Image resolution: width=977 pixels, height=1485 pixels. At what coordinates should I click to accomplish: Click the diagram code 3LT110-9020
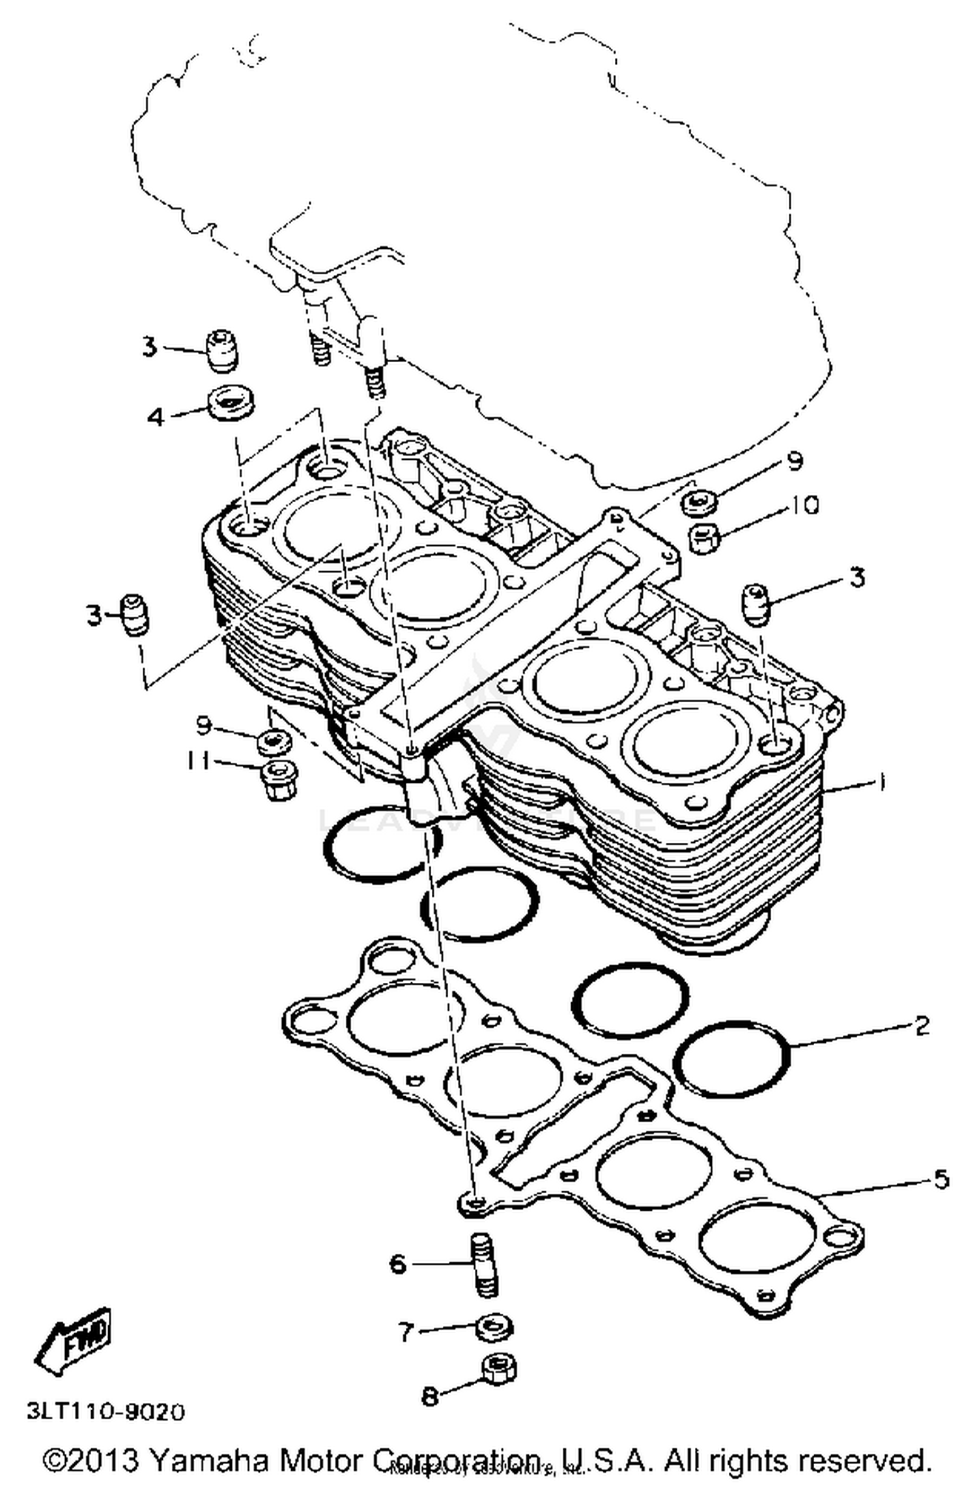[x=106, y=1411]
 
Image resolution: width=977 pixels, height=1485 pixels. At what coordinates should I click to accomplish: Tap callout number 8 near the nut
[x=429, y=1396]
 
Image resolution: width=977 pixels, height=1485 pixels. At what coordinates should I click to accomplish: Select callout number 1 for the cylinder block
[x=881, y=782]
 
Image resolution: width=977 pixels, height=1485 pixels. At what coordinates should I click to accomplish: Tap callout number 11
[x=197, y=760]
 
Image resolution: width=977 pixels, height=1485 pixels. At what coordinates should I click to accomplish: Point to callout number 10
[x=805, y=505]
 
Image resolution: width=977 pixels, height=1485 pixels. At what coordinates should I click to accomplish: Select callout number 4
[x=156, y=416]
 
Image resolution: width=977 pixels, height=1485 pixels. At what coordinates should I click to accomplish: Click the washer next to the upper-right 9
[x=699, y=502]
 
